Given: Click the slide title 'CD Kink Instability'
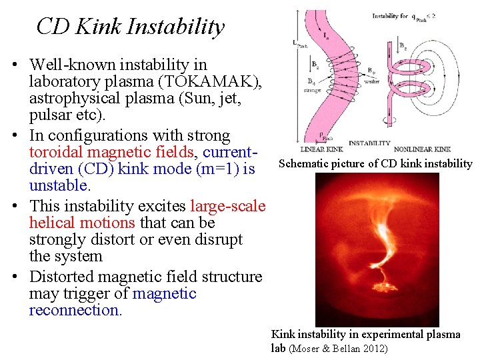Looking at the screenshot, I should (x=130, y=27).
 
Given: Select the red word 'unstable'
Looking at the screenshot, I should (x=59, y=185).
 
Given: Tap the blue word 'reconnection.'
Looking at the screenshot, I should (x=75, y=311).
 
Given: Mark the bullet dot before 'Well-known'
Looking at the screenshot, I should (x=22, y=65).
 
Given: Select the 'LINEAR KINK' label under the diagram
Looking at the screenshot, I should (x=321, y=149).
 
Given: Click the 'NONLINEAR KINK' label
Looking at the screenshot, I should (x=422, y=149).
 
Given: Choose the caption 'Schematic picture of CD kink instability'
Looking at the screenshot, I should (x=375, y=164).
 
